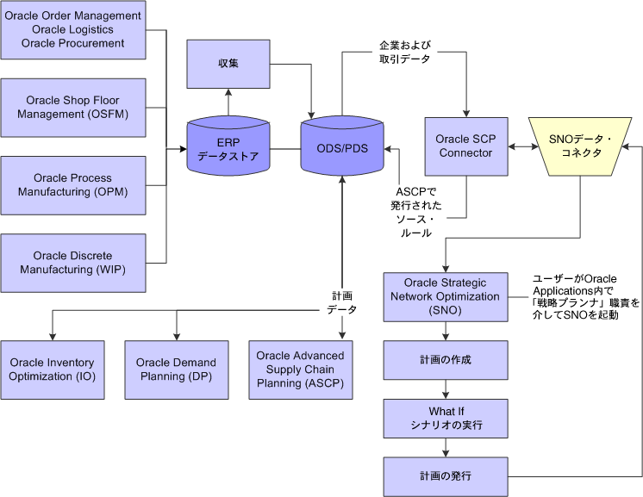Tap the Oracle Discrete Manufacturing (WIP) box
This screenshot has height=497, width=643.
(72, 262)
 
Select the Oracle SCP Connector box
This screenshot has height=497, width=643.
(465, 146)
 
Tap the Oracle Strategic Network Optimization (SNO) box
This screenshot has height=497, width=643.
(446, 296)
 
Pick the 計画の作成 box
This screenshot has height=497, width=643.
(446, 359)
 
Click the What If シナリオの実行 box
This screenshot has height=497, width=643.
(446, 418)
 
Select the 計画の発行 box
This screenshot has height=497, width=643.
(446, 475)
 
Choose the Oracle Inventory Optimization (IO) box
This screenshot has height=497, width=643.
(53, 370)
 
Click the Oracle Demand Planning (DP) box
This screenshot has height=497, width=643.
(177, 370)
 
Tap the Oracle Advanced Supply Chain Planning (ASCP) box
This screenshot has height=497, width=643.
(300, 370)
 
